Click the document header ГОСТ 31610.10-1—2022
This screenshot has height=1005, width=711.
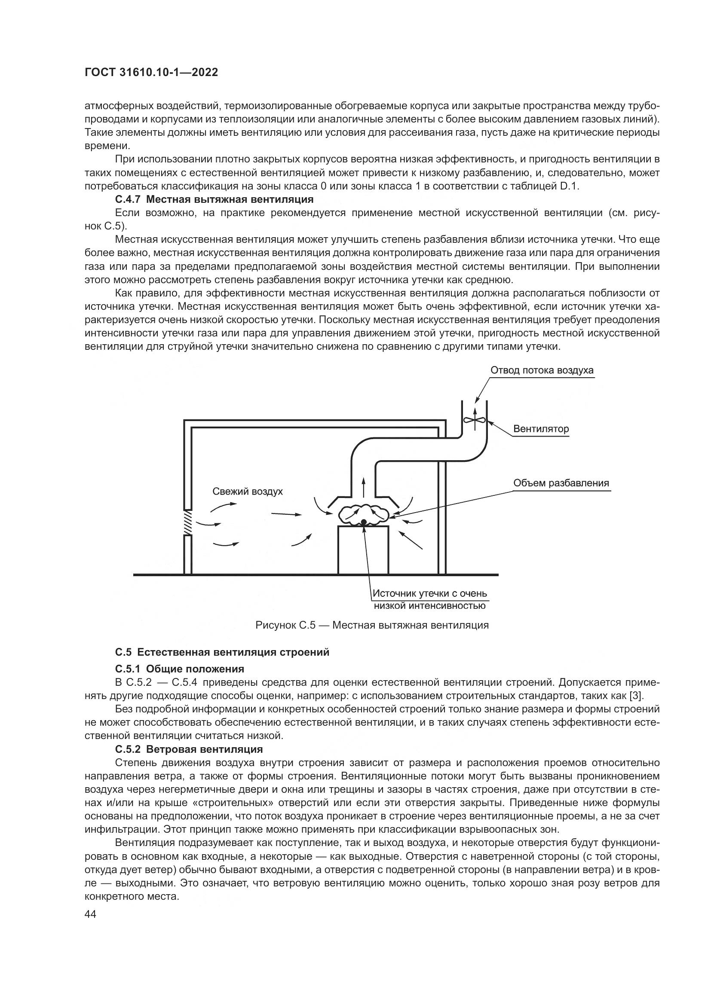151,73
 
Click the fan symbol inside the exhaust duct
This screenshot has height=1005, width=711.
475,420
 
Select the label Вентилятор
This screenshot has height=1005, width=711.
541,428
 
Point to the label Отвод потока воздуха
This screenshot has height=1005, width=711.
542,370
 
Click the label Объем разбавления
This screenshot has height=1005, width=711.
561,483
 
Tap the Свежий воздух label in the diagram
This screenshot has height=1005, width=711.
247,491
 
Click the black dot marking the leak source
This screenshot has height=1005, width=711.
363,521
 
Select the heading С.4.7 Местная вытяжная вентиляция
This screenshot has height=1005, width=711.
215,200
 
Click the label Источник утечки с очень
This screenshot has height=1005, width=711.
429,593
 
